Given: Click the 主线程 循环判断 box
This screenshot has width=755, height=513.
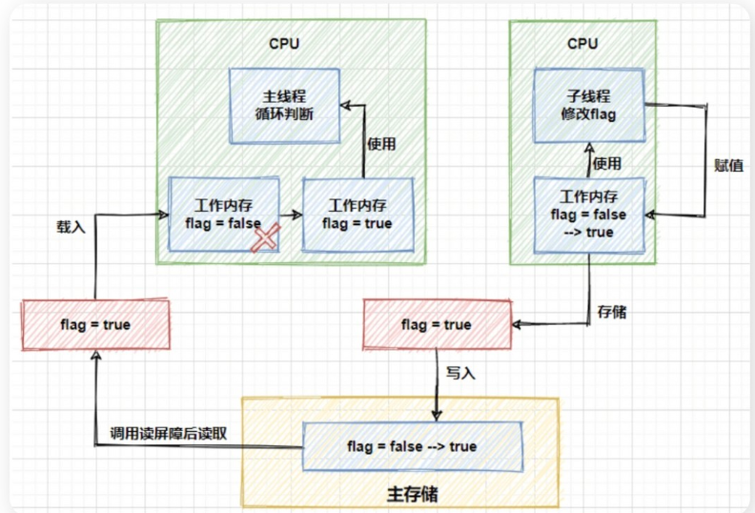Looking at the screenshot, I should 283,105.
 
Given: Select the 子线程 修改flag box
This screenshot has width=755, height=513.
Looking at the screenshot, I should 589,105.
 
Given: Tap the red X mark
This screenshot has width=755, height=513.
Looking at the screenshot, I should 265,238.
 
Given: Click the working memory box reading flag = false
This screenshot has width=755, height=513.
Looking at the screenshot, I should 224,214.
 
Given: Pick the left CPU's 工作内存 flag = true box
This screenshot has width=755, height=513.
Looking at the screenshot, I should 357,214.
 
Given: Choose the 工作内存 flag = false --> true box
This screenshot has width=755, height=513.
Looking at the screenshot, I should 589,215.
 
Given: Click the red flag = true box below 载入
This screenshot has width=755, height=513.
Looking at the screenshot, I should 94,324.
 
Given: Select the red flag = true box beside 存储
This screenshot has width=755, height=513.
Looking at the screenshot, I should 436,324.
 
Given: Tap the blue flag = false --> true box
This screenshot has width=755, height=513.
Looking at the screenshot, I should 414,446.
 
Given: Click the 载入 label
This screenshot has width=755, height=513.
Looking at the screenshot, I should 72,228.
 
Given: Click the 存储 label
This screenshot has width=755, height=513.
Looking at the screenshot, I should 612,312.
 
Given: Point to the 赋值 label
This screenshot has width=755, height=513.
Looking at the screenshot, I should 728,164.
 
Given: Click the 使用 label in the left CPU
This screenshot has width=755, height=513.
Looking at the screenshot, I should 381,144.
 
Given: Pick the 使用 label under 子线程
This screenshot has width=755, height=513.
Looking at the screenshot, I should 607,164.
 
